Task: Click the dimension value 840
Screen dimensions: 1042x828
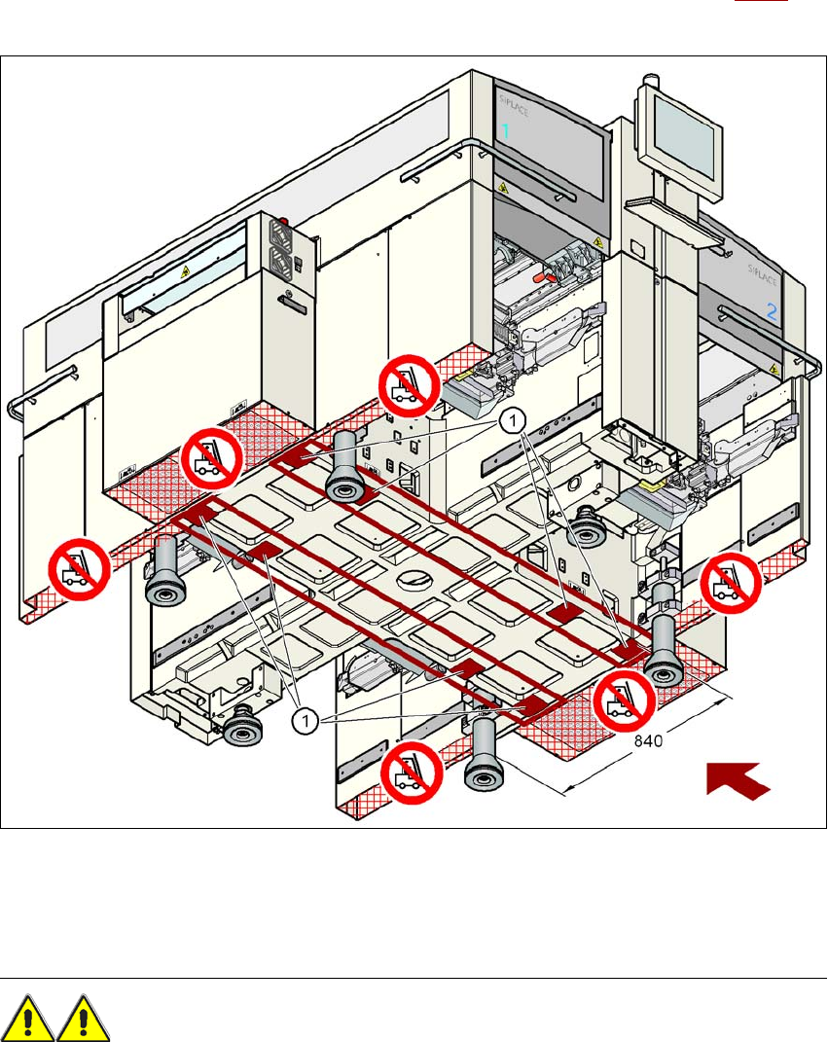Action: [x=650, y=741]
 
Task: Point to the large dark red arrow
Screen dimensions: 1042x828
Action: [x=738, y=779]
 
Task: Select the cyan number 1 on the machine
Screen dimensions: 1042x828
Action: [x=505, y=130]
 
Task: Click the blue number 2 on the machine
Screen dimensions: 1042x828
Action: [x=772, y=313]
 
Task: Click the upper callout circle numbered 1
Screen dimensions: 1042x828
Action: [x=513, y=420]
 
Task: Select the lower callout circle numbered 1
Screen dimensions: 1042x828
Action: [x=305, y=721]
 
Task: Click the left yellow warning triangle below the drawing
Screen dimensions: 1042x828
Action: [x=30, y=1018]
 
